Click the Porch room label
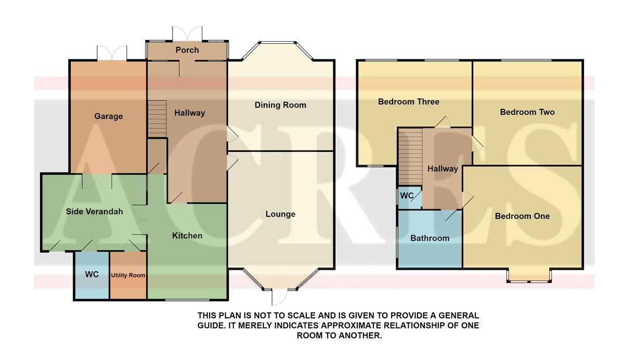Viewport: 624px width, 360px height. tap(187, 50)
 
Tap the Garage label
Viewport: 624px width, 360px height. tap(108, 116)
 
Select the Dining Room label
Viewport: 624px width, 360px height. tap(280, 105)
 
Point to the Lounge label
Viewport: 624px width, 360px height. tap(280, 214)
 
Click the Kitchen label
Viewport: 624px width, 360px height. tap(187, 236)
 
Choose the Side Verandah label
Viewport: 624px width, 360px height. tap(94, 212)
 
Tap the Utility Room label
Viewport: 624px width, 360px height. tap(128, 275)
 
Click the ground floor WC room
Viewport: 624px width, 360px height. tap(92, 275)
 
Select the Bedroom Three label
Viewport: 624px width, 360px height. tap(408, 101)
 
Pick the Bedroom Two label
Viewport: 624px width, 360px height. tap(527, 112)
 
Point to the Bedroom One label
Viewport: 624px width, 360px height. tap(522, 216)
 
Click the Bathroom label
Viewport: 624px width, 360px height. tap(430, 238)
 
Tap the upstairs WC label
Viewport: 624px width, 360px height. tap(407, 196)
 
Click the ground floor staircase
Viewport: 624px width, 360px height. tap(157, 119)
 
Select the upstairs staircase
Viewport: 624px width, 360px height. tap(410, 157)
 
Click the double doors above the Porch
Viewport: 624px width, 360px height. tap(187, 34)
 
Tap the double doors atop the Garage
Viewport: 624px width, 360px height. tap(112, 53)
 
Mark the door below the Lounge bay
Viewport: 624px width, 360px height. tap(279, 297)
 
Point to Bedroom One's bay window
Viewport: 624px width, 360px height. tap(529, 276)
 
